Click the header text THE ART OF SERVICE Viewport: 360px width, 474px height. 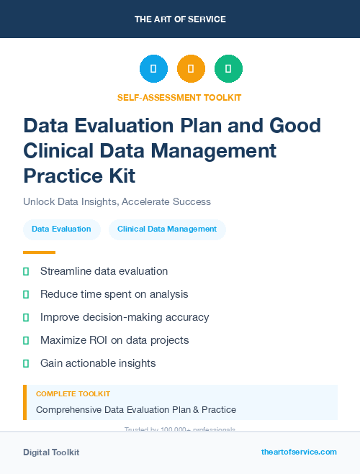pos(180,19)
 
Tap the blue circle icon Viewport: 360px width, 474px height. pos(153,69)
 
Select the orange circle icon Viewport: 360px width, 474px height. pos(191,69)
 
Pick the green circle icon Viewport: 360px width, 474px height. pos(228,69)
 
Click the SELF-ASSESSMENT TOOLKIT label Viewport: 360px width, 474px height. pos(179,97)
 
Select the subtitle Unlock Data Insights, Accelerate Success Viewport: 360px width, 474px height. pos(117,202)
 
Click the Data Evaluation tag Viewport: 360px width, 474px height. pos(61,229)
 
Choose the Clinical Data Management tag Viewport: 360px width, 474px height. pos(167,229)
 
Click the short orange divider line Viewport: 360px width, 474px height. pos(39,252)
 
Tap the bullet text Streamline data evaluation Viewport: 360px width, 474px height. pos(104,271)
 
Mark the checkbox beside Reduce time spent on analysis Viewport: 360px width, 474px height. pos(26,294)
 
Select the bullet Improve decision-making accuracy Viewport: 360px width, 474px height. pos(125,317)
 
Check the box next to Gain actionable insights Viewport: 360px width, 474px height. pos(26,363)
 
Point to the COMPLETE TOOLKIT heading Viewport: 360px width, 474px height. pos(73,394)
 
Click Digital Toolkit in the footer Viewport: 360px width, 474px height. pos(51,452)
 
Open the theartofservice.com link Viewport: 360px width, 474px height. pos(299,452)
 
